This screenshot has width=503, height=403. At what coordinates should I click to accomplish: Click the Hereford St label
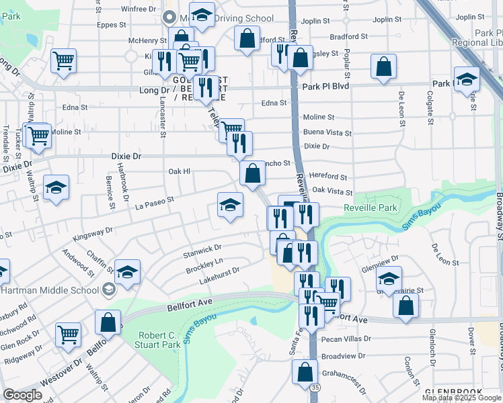328,177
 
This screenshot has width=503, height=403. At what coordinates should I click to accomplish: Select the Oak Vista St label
332,191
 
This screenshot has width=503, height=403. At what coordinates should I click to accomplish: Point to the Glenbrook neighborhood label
450,391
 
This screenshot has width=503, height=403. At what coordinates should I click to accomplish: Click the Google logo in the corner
23,395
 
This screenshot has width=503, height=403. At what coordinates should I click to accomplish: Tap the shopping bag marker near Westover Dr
108,322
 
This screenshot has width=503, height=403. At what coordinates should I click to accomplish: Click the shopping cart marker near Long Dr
63,61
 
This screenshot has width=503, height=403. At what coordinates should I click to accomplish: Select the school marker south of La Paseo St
230,206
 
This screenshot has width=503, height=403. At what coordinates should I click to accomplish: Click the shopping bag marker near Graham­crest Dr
305,371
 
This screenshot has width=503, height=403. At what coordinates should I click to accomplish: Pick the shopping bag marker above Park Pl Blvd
383,66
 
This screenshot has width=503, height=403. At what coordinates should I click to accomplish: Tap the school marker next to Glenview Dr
389,279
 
